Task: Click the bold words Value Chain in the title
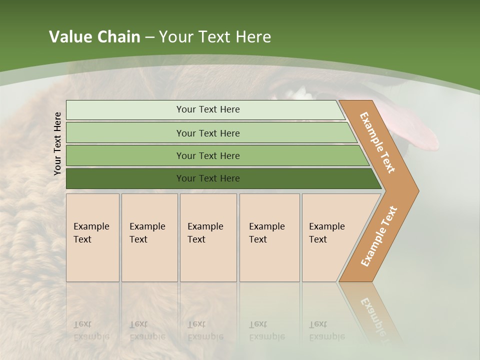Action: pyautogui.click(x=94, y=37)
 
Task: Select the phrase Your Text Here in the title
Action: pyautogui.click(x=215, y=37)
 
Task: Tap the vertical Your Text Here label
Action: pyautogui.click(x=57, y=143)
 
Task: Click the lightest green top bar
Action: pyautogui.click(x=208, y=109)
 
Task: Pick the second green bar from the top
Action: pyautogui.click(x=208, y=133)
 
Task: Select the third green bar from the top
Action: pyautogui.click(x=208, y=155)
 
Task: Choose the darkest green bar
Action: pyautogui.click(x=208, y=178)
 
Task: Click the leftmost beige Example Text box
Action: pyautogui.click(x=92, y=237)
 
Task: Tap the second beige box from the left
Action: pyautogui.click(x=149, y=237)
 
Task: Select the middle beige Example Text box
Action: pyautogui.click(x=208, y=237)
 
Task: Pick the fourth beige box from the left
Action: pyautogui.click(x=269, y=237)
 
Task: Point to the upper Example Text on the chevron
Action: pyautogui.click(x=377, y=142)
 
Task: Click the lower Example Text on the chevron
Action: pyautogui.click(x=378, y=236)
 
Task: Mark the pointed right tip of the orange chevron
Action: pyautogui.click(x=417, y=190)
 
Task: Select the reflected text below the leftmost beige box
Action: pyautogui.click(x=91, y=330)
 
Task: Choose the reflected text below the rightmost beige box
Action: pyautogui.click(x=326, y=330)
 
